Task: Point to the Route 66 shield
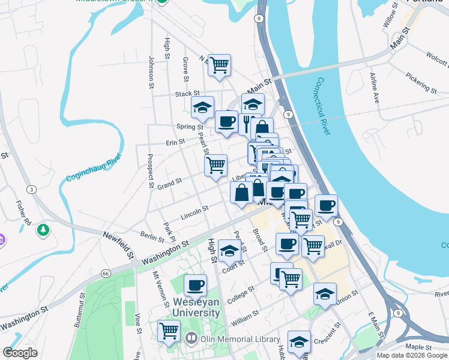(x=106, y=274)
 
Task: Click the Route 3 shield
(x=31, y=190)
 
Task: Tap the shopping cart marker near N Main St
(x=220, y=65)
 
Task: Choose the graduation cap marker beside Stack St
(x=203, y=107)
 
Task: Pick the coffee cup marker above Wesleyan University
(x=194, y=286)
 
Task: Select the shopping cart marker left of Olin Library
(x=169, y=330)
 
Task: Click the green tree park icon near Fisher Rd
(x=43, y=230)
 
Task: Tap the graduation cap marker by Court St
(x=229, y=251)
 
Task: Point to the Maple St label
(x=420, y=347)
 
